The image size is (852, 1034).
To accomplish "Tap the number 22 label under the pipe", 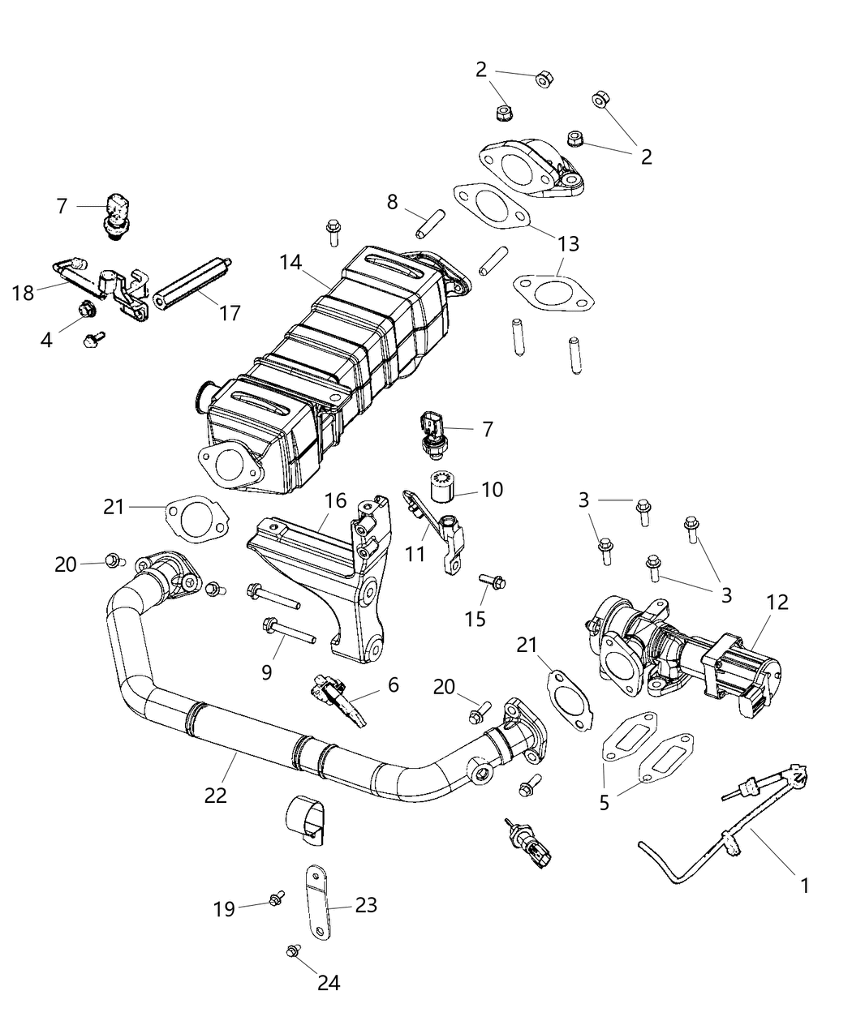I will pos(215,796).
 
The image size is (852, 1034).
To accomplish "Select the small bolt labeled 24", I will pos(293,950).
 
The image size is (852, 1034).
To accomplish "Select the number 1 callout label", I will pos(804,886).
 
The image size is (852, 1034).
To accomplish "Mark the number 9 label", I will pos(266,672).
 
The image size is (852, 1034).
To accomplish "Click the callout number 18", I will pos(24,293).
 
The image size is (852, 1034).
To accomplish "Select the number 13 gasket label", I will pos(569,242).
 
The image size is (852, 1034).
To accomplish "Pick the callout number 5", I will pos(604,803).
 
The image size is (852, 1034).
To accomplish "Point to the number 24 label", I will pos(328,983).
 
